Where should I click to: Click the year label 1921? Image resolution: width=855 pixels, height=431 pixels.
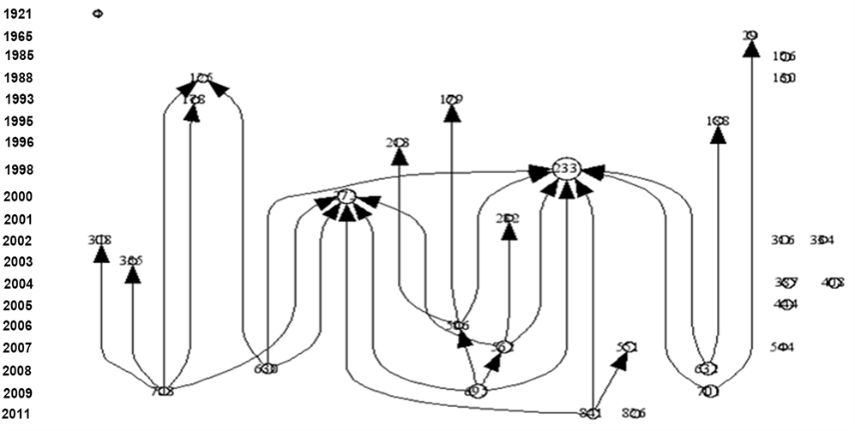click(17, 14)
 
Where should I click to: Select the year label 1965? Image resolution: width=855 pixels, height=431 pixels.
click(17, 36)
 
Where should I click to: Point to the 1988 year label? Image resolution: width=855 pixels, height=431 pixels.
click(19, 77)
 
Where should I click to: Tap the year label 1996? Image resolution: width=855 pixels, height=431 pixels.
click(19, 141)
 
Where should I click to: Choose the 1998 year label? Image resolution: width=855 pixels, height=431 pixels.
click(19, 170)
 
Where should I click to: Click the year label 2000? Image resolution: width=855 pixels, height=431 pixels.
click(19, 196)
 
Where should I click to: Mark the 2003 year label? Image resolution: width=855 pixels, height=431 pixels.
click(19, 261)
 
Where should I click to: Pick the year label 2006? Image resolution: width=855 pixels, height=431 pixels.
click(19, 326)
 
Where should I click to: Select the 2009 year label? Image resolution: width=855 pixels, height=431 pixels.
click(19, 393)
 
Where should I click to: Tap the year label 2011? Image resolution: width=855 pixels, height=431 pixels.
click(19, 415)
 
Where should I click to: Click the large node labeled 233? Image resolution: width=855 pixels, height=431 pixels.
click(565, 169)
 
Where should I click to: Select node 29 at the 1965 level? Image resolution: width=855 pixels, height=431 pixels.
click(750, 35)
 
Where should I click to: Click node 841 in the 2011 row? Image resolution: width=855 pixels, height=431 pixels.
click(590, 413)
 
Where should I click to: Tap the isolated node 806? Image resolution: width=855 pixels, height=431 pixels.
click(634, 413)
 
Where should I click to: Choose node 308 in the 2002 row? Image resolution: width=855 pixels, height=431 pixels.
click(100, 241)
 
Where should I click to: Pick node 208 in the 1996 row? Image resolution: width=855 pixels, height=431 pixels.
click(397, 142)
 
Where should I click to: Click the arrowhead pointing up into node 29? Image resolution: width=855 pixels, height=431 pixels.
click(750, 49)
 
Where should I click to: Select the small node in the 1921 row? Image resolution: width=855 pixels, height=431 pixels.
click(97, 14)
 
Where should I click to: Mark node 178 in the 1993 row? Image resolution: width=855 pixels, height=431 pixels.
click(194, 99)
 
